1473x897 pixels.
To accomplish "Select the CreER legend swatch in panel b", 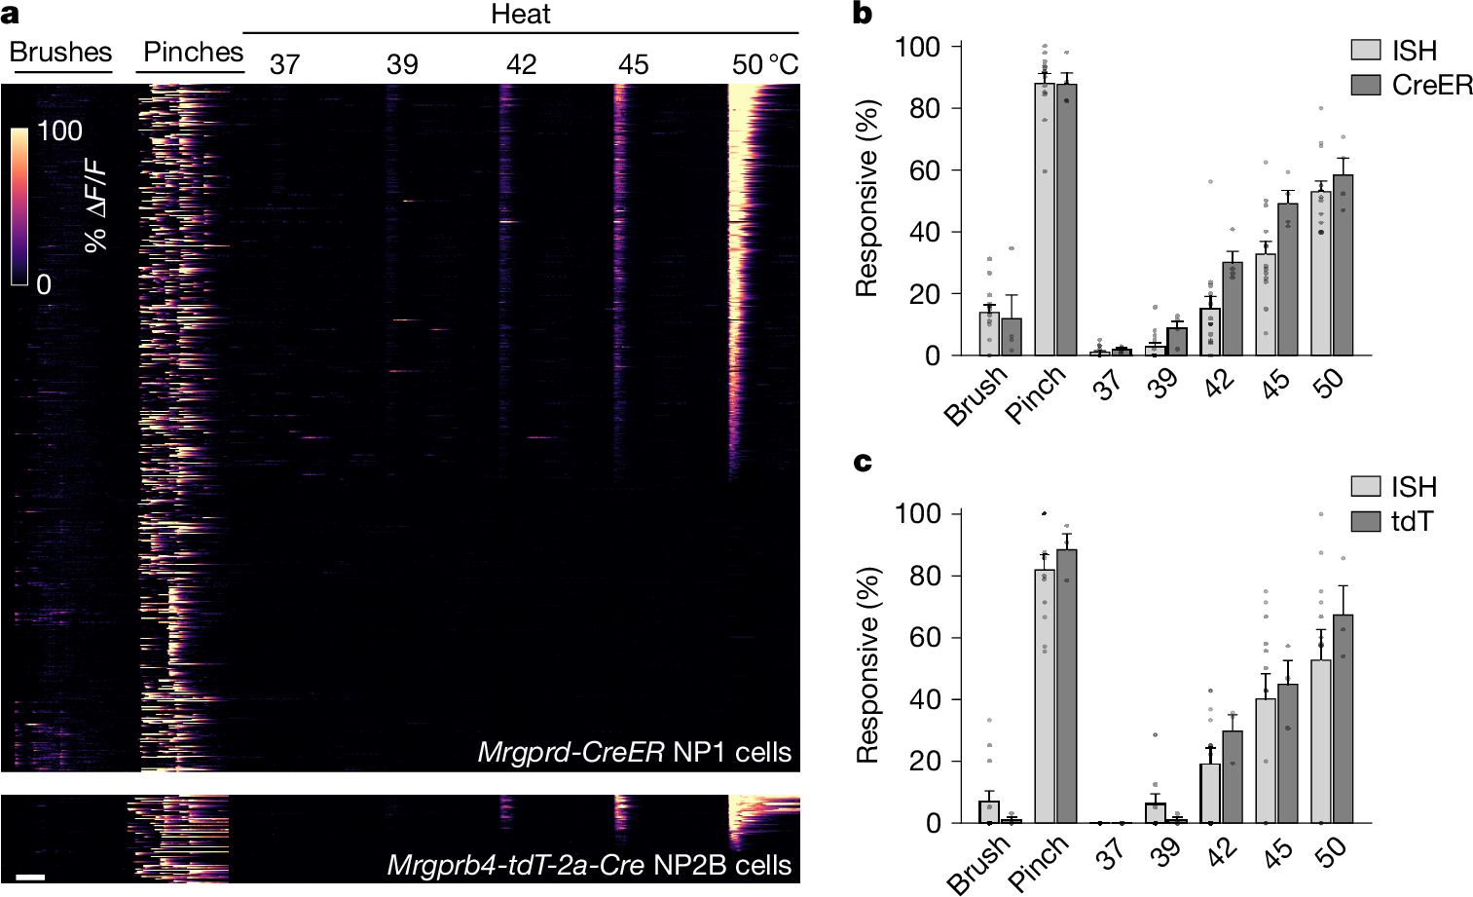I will coord(1367,85).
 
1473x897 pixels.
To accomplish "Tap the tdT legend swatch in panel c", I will coord(1367,521).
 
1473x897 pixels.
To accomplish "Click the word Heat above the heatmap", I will coord(520,15).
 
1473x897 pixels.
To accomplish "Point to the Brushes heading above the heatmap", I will coord(61,52).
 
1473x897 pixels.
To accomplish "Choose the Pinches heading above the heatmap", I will coord(193,52).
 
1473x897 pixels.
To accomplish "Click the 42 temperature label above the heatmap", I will coord(521,64).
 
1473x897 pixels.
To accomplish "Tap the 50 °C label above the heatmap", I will coord(764,64).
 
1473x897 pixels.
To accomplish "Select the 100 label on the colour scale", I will coord(59,131).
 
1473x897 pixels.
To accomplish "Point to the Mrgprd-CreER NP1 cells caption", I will coord(634,752).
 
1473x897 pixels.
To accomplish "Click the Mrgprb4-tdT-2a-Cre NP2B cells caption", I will coord(589,865).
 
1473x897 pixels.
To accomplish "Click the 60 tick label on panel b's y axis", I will coord(924,170).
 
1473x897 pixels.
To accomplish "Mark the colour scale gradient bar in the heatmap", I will coord(20,206).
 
